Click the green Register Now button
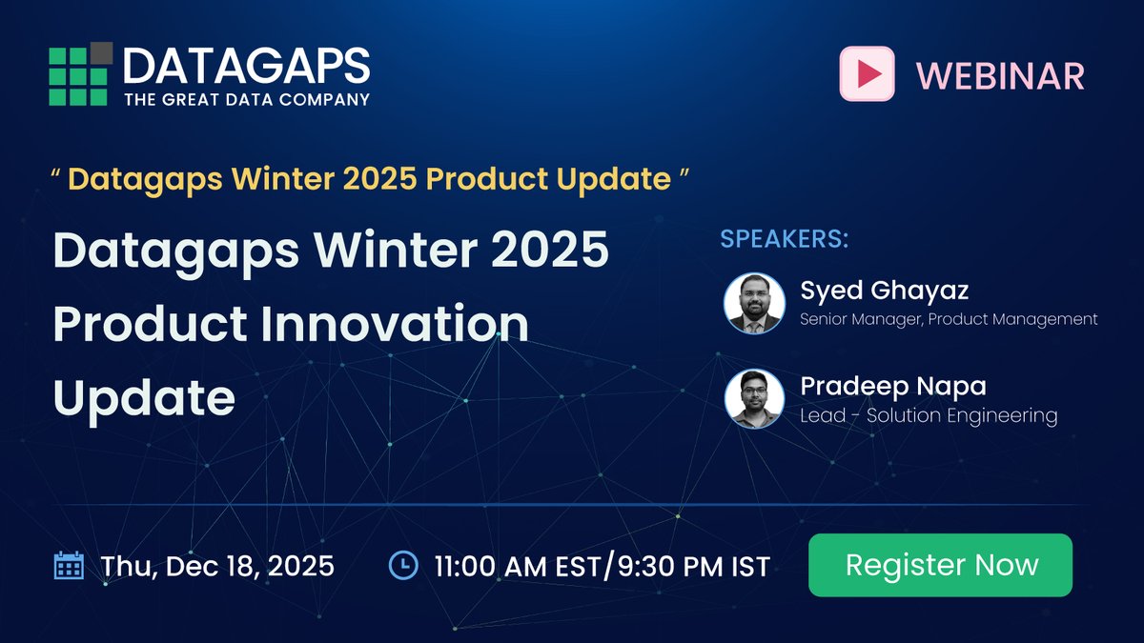(x=940, y=565)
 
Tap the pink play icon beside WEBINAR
(x=867, y=73)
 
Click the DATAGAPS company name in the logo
(x=246, y=66)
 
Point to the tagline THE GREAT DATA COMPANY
(x=246, y=98)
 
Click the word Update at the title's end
(x=144, y=397)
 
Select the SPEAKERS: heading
(x=784, y=238)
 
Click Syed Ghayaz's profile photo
(x=753, y=303)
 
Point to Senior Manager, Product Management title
(x=949, y=319)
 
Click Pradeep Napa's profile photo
(x=753, y=399)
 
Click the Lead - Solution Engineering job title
(x=929, y=415)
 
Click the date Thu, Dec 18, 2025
(x=217, y=566)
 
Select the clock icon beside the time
(x=403, y=566)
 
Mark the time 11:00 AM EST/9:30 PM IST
(x=602, y=566)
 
